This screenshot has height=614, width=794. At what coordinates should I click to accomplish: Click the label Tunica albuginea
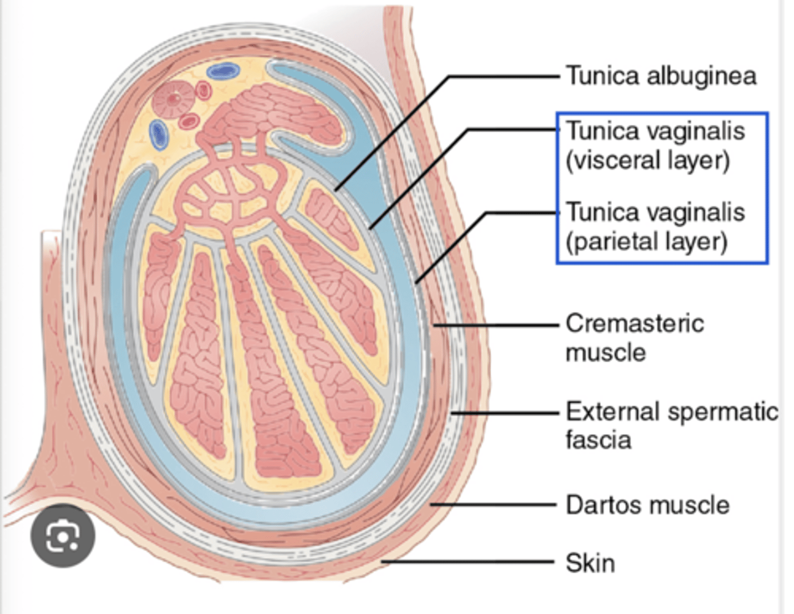tap(661, 76)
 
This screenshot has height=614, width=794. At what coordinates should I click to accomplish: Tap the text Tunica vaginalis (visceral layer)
tap(655, 146)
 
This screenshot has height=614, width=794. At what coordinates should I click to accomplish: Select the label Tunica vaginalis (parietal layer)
tap(655, 227)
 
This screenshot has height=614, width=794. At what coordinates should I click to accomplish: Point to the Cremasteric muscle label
tap(634, 337)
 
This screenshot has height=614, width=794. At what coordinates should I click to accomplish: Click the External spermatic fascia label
tap(672, 426)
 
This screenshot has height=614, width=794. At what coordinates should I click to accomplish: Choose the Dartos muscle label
tap(647, 505)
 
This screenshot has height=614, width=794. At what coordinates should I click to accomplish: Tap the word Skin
tap(590, 563)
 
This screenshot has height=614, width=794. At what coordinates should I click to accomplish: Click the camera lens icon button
tap(63, 536)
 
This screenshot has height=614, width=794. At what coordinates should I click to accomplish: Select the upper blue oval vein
tap(223, 71)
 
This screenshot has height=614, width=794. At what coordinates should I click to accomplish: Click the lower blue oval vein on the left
tap(158, 134)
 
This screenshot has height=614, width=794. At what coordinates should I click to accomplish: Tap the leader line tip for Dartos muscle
tap(432, 504)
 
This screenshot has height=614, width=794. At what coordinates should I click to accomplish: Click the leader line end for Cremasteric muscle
tap(434, 325)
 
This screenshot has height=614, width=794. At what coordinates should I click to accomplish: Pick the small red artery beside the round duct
tap(203, 90)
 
